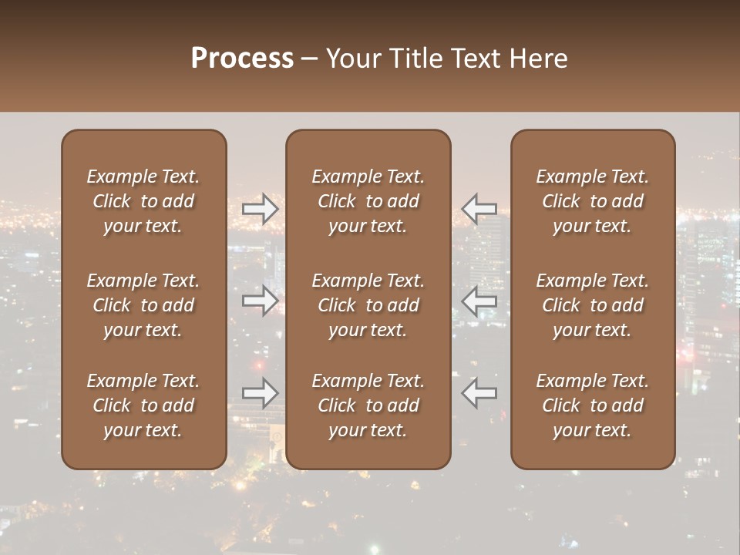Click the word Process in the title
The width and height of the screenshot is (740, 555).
click(242, 59)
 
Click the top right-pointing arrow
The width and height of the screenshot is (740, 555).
click(261, 209)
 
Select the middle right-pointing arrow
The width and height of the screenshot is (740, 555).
click(261, 301)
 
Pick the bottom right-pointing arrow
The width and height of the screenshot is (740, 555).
click(261, 392)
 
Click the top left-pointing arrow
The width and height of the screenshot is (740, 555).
click(479, 209)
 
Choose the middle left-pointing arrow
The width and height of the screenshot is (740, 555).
click(479, 301)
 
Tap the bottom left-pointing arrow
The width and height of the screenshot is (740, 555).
click(479, 392)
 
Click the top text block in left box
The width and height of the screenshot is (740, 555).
click(143, 201)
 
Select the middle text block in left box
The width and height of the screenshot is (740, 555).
click(143, 305)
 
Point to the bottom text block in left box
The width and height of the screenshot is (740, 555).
click(143, 405)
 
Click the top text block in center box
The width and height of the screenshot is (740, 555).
click(368, 201)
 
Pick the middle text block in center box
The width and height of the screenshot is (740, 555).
click(368, 305)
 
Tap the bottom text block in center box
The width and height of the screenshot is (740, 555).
click(368, 405)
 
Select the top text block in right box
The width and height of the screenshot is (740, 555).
click(593, 201)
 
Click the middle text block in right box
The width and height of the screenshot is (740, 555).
click(593, 305)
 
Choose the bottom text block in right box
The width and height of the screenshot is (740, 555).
click(593, 405)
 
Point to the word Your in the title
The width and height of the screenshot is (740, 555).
click(351, 59)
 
